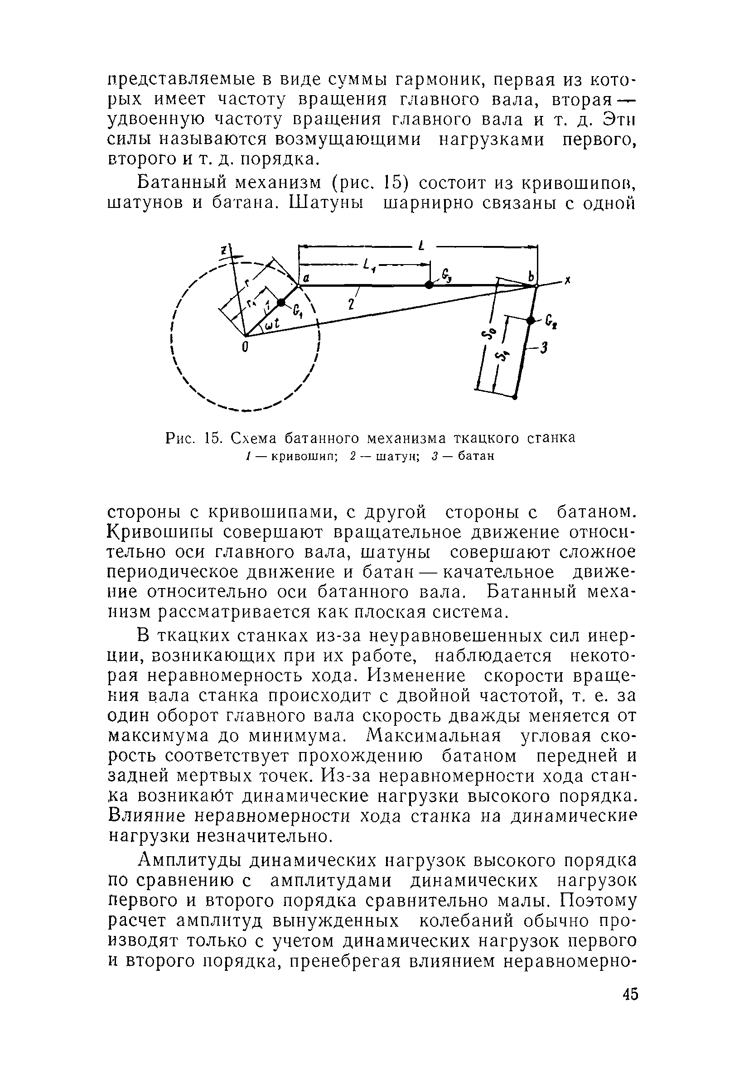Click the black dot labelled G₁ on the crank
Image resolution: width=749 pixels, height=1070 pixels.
click(280, 303)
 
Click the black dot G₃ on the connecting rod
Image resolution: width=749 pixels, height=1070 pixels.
click(429, 285)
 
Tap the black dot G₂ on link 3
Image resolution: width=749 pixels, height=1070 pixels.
click(530, 320)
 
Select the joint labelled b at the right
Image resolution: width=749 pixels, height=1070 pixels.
click(536, 285)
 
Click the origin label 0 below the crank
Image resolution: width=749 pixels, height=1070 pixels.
click(245, 347)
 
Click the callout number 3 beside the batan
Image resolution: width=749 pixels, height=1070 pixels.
click(543, 348)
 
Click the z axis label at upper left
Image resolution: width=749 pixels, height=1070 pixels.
click(224, 250)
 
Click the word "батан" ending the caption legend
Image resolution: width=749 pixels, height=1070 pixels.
click(475, 456)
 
